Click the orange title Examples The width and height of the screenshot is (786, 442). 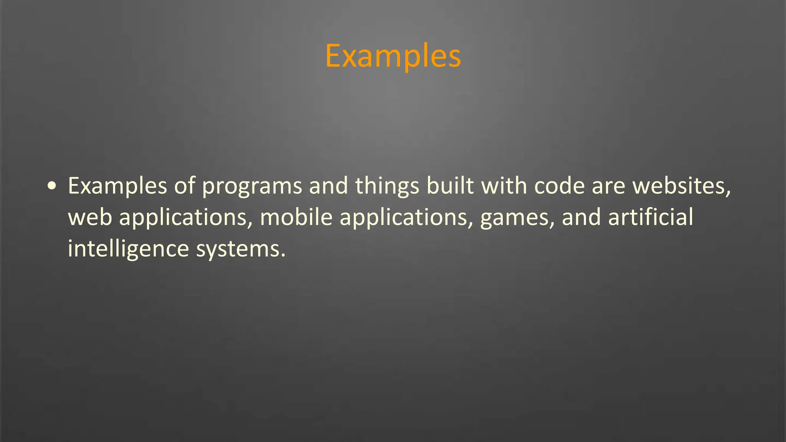click(393, 56)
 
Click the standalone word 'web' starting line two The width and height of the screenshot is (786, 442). click(90, 218)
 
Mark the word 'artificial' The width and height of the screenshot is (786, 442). click(651, 217)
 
